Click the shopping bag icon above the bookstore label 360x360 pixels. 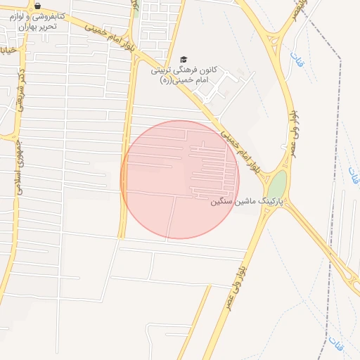coord(38,6)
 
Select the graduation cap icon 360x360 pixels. coord(184,60)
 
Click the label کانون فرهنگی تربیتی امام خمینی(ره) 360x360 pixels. coord(184,76)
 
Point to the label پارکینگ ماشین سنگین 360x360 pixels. coord(246,202)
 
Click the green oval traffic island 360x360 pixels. coord(278,185)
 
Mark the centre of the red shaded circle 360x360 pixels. coord(180,179)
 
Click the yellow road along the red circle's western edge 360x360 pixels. coord(124,197)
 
